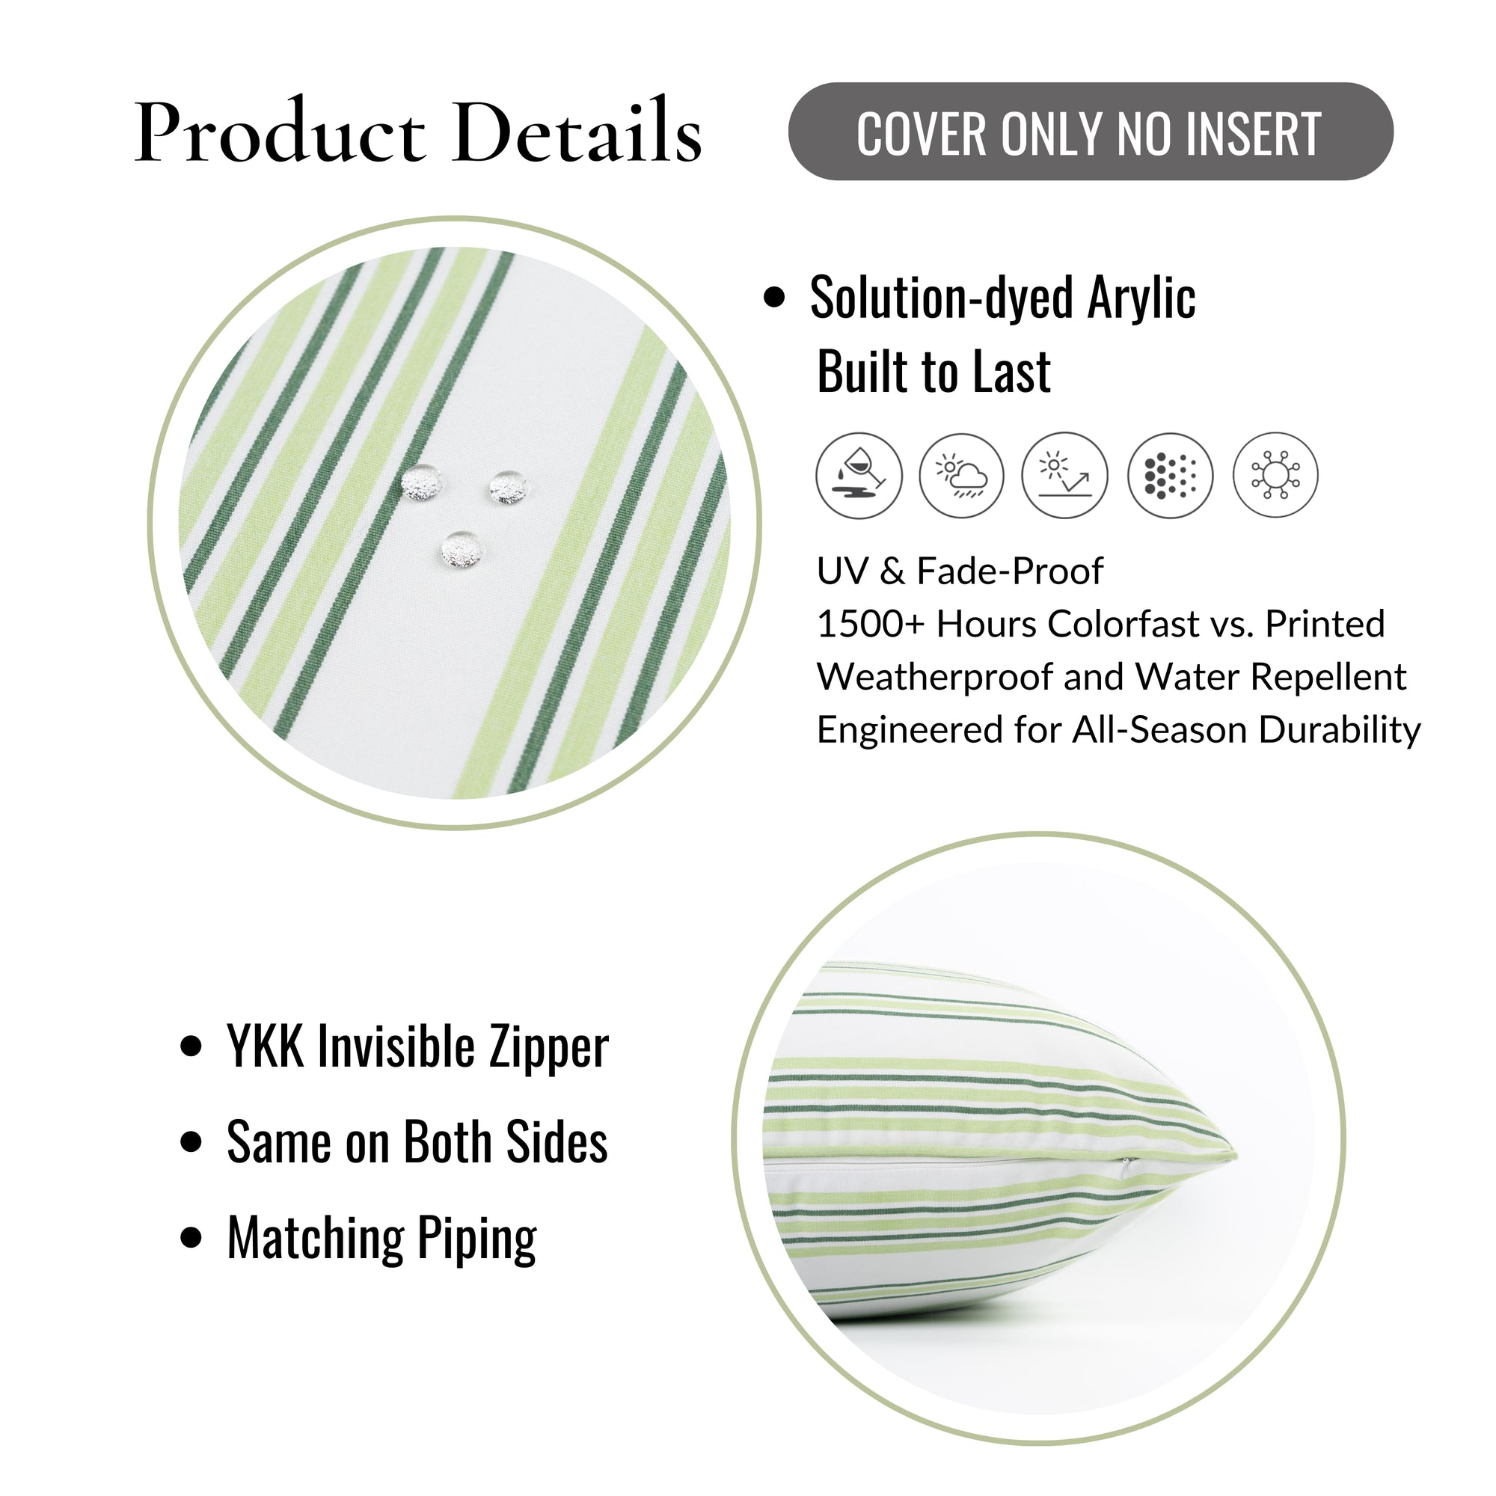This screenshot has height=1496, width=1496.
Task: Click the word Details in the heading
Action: [578, 130]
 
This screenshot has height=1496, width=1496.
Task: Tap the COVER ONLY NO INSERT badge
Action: [1091, 132]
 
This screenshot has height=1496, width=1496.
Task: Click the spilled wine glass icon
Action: [859, 475]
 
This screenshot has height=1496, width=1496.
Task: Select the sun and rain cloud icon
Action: [962, 475]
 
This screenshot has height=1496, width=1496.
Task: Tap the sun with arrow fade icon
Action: [1064, 475]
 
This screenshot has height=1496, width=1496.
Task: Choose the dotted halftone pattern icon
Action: [1170, 475]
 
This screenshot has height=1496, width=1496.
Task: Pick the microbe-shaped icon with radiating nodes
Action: [1275, 475]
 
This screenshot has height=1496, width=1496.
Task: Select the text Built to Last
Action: [934, 372]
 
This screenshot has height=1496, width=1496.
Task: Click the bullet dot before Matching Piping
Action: [191, 1237]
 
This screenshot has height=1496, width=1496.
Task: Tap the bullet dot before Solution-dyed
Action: [773, 298]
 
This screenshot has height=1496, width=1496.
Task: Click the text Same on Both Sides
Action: [417, 1142]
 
